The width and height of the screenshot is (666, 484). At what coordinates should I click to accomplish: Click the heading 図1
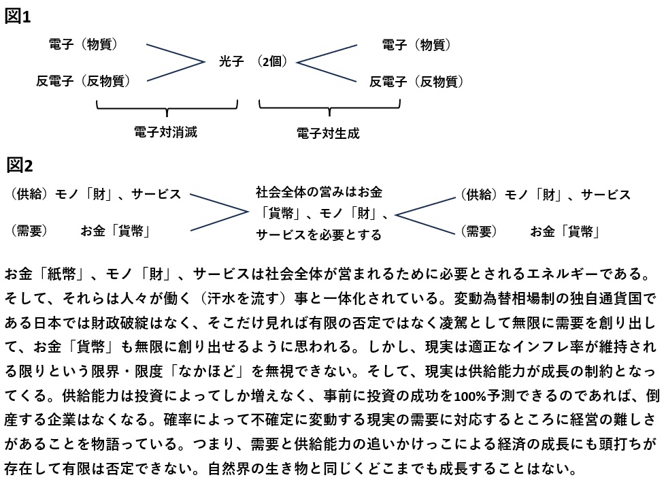(x=18, y=16)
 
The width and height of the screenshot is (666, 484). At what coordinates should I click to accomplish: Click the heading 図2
(x=20, y=165)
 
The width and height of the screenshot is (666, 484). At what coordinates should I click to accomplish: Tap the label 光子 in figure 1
(x=231, y=62)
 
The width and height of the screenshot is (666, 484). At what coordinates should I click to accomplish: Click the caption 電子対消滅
(x=166, y=132)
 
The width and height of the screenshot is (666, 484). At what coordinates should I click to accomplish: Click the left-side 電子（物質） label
(x=84, y=45)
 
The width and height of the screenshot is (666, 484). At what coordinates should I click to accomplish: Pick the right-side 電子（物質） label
(x=417, y=46)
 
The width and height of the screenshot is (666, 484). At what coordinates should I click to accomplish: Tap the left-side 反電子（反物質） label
(x=84, y=82)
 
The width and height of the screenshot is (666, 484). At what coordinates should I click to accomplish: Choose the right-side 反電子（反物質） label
(x=417, y=82)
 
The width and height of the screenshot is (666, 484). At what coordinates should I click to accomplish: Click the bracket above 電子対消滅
(x=167, y=107)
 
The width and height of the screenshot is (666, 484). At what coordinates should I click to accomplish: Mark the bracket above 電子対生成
(x=329, y=107)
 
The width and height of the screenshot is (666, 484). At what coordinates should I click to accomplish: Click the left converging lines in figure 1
(x=174, y=63)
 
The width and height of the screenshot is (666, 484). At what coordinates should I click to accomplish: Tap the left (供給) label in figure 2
(x=28, y=195)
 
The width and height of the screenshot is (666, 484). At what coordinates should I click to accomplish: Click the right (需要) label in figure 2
(x=480, y=231)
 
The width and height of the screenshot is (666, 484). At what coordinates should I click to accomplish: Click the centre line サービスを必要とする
(x=318, y=235)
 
